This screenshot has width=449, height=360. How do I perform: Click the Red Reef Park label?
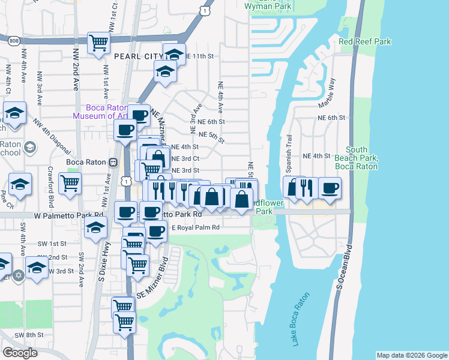(364, 41)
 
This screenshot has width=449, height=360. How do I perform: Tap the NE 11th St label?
(200, 56)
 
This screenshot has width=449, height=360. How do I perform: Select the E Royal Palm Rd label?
(196, 227)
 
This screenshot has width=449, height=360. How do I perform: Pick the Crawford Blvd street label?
(51, 184)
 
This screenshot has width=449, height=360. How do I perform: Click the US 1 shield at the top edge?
(206, 11)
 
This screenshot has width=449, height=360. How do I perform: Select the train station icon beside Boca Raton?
(112, 162)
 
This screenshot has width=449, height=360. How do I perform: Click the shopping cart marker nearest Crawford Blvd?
(70, 182)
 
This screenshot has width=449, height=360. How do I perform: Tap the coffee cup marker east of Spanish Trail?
(330, 188)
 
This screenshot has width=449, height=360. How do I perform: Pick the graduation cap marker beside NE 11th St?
(174, 54)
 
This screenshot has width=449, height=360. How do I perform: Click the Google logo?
(20, 353)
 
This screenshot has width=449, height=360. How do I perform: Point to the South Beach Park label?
(364, 157)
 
